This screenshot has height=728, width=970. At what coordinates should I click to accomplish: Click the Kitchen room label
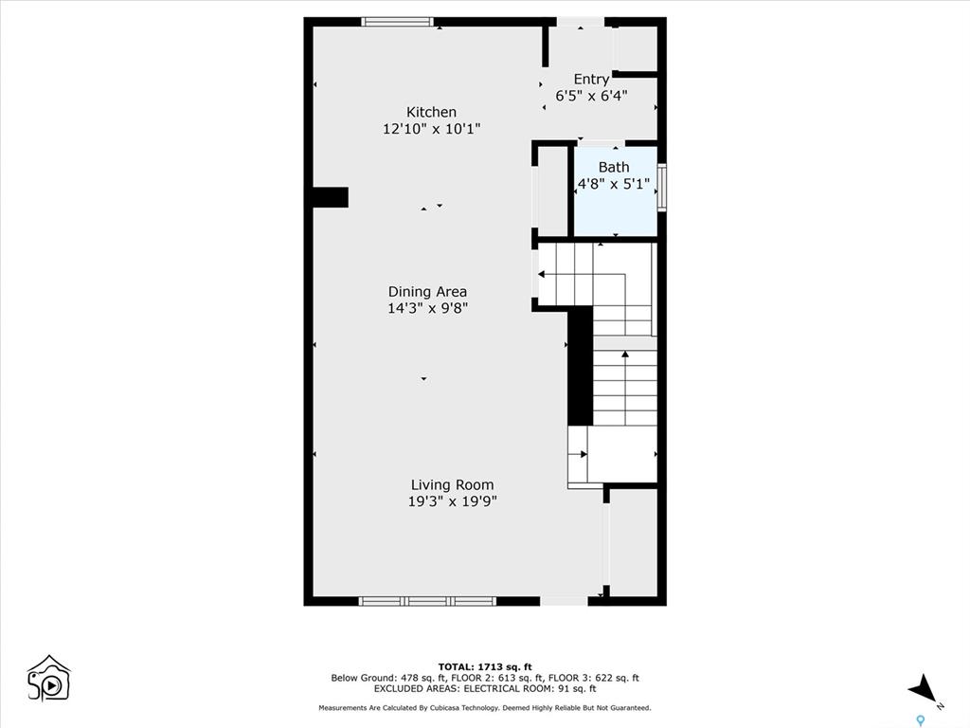point(431,112)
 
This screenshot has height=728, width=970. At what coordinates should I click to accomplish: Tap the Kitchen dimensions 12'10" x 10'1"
point(431,129)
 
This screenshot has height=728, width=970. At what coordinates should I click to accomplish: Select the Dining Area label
point(427,292)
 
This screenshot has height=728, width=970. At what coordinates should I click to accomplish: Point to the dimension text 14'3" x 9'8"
point(427,308)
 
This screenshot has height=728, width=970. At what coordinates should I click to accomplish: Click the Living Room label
point(452,484)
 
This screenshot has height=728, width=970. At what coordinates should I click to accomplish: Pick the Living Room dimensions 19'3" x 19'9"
point(452,501)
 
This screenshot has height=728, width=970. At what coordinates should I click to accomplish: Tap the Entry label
point(591,80)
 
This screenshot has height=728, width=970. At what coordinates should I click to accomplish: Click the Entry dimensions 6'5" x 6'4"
point(591,96)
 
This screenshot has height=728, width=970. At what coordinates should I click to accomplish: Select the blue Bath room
point(616,191)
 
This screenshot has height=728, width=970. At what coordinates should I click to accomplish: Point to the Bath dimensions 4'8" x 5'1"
point(614,184)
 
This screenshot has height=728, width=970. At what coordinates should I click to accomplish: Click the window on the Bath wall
point(661,188)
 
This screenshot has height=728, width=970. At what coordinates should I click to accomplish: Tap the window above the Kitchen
point(397,22)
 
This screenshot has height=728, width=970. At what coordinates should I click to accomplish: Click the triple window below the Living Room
point(427,601)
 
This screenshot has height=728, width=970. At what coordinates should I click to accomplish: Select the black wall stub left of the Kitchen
point(330,197)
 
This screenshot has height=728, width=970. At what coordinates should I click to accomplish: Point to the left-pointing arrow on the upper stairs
point(583,275)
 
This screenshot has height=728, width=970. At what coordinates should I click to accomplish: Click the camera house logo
point(49,679)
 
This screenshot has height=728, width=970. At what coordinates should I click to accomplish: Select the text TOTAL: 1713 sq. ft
point(485,666)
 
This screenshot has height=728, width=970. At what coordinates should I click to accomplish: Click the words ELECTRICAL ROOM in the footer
point(504,688)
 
